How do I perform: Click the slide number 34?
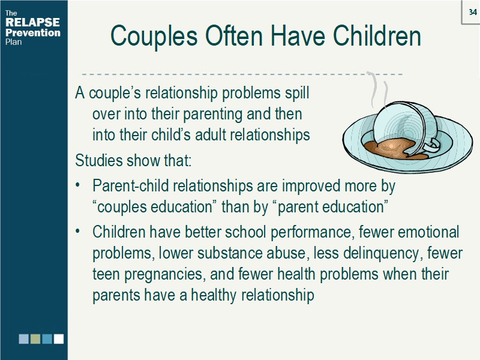472,12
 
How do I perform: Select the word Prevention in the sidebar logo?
32,32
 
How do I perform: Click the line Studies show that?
133,161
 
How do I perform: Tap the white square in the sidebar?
59,339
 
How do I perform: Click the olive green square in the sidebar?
35,339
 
